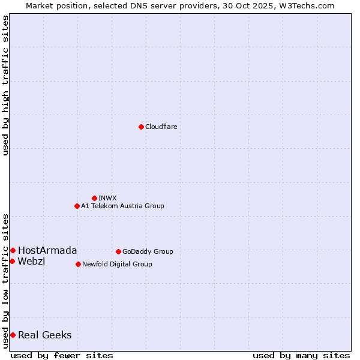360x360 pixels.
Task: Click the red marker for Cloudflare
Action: click(x=141, y=127)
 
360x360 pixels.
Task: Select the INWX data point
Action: click(x=94, y=198)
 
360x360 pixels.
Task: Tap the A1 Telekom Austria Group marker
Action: click(x=77, y=206)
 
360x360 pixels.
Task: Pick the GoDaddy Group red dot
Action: click(x=118, y=251)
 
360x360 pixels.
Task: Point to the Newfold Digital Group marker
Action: click(x=78, y=264)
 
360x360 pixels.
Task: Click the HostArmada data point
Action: click(x=13, y=250)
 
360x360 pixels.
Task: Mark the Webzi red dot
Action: click(x=12, y=261)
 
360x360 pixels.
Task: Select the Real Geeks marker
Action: click(x=13, y=335)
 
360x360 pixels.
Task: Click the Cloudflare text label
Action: click(x=161, y=127)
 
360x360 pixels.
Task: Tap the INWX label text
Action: click(x=107, y=198)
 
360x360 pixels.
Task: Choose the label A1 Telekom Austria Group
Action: click(x=122, y=206)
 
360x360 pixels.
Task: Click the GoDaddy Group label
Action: click(x=148, y=251)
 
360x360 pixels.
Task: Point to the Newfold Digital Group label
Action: click(x=117, y=264)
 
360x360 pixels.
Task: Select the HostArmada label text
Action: click(x=47, y=250)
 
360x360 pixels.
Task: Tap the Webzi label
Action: click(x=31, y=261)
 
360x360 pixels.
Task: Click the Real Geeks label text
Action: click(x=45, y=335)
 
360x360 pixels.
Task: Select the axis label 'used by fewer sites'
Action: click(x=62, y=355)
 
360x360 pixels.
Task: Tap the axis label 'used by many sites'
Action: click(x=301, y=355)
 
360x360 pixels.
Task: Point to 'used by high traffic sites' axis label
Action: click(x=6, y=86)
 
